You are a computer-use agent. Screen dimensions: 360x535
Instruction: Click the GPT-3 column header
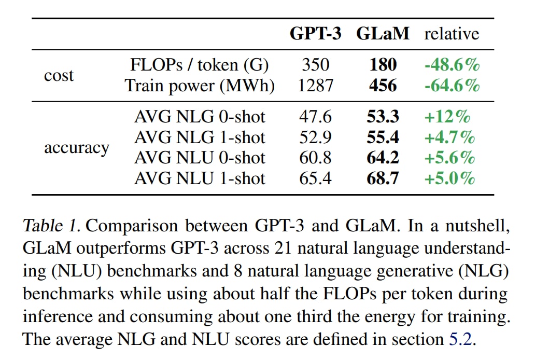pyautogui.click(x=315, y=34)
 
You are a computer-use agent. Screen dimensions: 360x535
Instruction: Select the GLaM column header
pyautogui.click(x=383, y=34)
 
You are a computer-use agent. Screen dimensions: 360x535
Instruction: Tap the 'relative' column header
pyautogui.click(x=452, y=34)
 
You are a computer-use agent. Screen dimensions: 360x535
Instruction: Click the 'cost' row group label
pyautogui.click(x=59, y=76)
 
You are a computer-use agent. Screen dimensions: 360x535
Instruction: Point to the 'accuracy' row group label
pyautogui.click(x=77, y=148)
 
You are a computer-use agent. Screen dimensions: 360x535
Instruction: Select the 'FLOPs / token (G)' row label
pyautogui.click(x=200, y=65)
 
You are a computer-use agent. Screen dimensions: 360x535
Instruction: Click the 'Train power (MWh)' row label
pyautogui.click(x=200, y=86)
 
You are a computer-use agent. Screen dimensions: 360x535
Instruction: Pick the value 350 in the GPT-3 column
pyautogui.click(x=315, y=65)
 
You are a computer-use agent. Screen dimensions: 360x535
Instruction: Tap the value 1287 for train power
pyautogui.click(x=315, y=86)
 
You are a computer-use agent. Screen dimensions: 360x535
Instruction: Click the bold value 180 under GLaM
pyautogui.click(x=383, y=65)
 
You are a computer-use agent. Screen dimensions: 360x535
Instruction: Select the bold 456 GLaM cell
pyautogui.click(x=383, y=86)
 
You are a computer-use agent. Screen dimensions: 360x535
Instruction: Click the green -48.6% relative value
pyautogui.click(x=452, y=65)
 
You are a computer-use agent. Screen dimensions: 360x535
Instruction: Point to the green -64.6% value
pyautogui.click(x=452, y=86)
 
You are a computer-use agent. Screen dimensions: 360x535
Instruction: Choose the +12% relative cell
pyautogui.click(x=447, y=117)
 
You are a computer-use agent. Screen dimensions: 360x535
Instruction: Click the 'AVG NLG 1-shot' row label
pyautogui.click(x=200, y=137)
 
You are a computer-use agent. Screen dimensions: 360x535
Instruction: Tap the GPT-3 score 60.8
pyautogui.click(x=315, y=158)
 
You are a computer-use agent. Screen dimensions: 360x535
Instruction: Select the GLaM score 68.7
pyautogui.click(x=383, y=178)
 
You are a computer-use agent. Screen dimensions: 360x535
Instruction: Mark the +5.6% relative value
pyautogui.click(x=449, y=158)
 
